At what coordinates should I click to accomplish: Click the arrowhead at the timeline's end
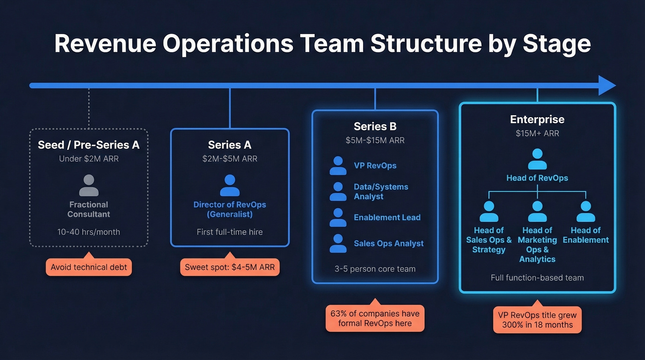point(607,85)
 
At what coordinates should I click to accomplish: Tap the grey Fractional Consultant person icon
point(89,185)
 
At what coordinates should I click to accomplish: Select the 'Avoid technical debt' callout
point(89,267)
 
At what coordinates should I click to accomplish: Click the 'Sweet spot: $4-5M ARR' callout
point(229,267)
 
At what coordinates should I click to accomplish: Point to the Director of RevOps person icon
point(229,185)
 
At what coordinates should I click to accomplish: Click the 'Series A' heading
point(229,145)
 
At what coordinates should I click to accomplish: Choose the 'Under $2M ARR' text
point(89,159)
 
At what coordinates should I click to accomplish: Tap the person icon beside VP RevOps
point(338,165)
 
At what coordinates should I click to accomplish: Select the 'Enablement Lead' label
point(387,218)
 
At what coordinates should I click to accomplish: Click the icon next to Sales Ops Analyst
point(338,243)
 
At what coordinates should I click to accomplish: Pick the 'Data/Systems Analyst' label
point(381,192)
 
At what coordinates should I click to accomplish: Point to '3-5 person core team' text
point(375,269)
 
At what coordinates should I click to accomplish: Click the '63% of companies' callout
point(375,319)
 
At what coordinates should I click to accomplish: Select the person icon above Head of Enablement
point(586,212)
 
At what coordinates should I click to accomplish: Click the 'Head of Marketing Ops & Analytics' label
point(537,245)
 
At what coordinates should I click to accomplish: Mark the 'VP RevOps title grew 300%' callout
point(537,320)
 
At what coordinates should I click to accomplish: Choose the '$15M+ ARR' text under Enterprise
point(537,134)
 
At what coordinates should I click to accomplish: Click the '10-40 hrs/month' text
point(89,232)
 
